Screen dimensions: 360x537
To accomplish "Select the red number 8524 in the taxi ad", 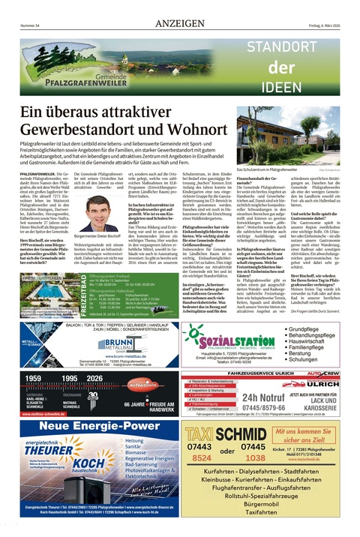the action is pyautogui.click(x=201, y=457).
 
